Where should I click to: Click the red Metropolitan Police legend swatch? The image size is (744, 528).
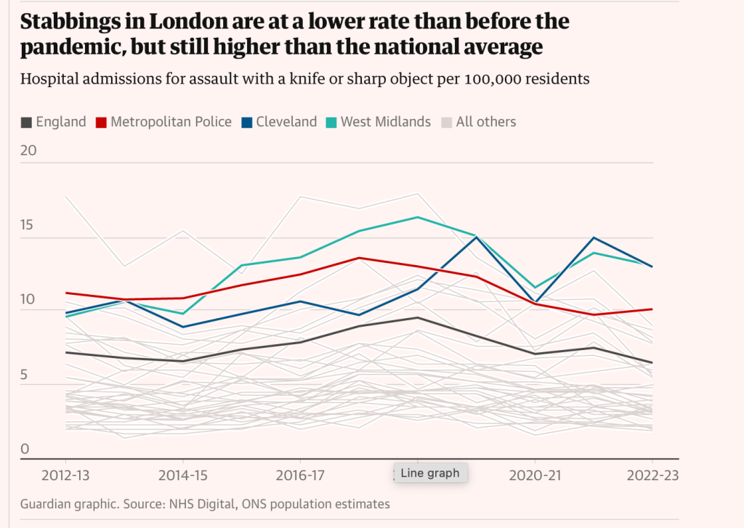coord(102,122)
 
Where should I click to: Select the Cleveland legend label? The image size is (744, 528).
coord(286,122)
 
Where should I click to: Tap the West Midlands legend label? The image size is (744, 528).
coord(386,122)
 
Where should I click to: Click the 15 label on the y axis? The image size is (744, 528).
coord(27,225)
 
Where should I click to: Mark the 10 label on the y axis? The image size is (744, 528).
coord(28,299)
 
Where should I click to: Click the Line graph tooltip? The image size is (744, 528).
coord(430,473)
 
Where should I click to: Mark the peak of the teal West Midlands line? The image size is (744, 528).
coord(418,217)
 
